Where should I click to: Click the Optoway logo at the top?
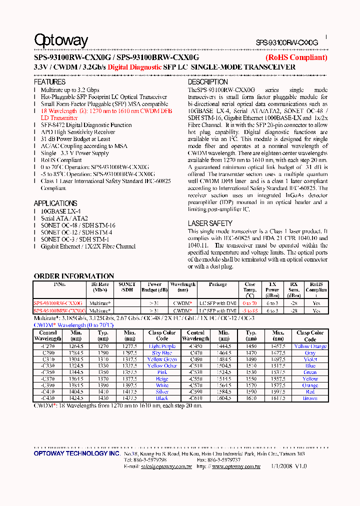point(61,40)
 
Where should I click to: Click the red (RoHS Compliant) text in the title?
point(296,57)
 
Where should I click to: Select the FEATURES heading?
point(49,82)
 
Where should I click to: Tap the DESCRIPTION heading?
point(207,82)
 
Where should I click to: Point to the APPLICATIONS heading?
point(55,203)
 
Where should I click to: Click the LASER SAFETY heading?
point(210,223)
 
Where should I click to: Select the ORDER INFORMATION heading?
point(74,276)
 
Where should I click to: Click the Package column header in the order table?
point(217,284)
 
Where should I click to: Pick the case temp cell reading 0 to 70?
point(250,303)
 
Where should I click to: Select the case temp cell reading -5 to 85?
point(250,310)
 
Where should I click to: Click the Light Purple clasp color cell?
point(162,346)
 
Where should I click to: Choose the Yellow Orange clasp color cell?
point(310,346)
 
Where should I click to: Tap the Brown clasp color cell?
point(310,398)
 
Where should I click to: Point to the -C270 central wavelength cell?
point(48,346)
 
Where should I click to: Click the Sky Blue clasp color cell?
point(162,353)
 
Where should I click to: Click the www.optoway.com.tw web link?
point(236,466)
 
